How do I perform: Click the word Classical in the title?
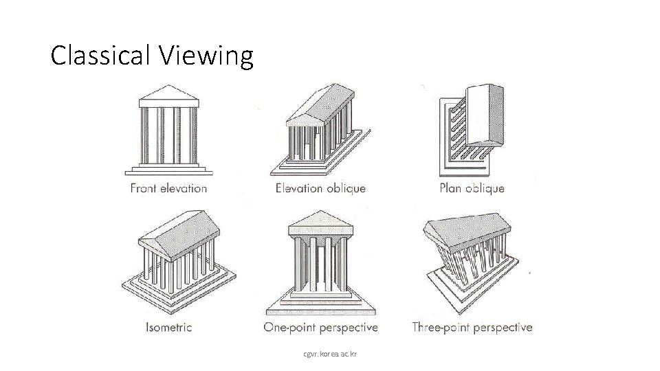click(104, 55)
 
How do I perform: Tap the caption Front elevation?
click(168, 188)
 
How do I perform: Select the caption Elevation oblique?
click(320, 188)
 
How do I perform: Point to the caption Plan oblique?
click(472, 188)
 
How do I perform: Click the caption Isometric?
click(169, 327)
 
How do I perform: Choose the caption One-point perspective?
click(320, 327)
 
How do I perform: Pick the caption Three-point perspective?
click(472, 327)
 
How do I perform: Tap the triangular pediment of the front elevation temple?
click(169, 94)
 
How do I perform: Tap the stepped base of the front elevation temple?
click(169, 168)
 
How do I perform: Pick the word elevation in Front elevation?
click(183, 188)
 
